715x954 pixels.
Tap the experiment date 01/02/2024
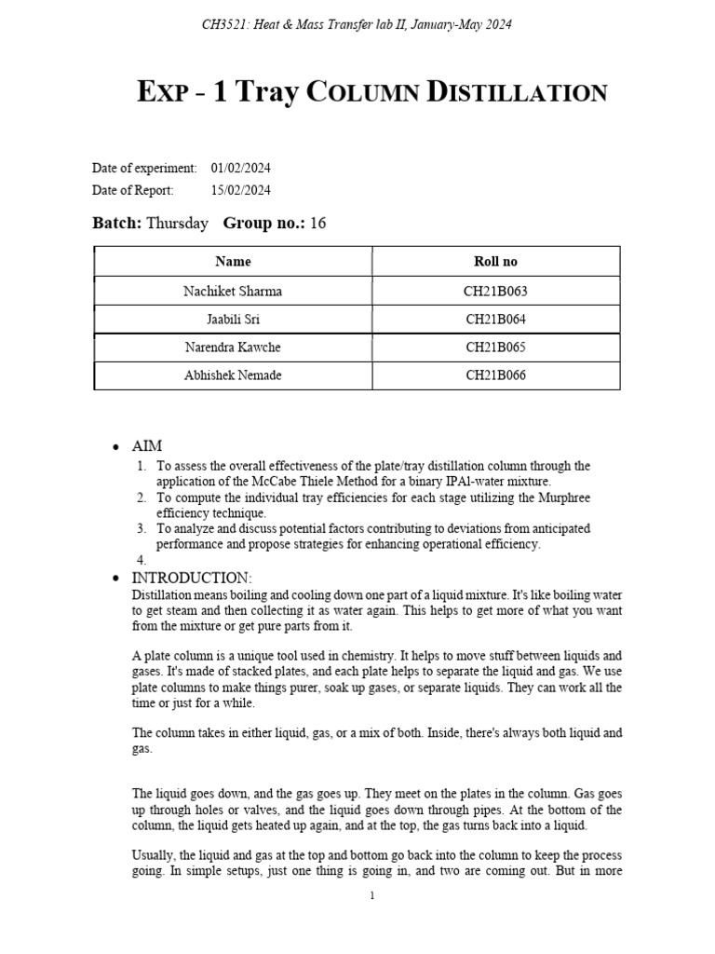tap(241, 169)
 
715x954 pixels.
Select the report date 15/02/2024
tap(241, 190)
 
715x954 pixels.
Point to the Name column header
tap(233, 262)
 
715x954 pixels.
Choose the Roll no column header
tap(495, 262)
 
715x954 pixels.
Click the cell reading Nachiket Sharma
tap(233, 292)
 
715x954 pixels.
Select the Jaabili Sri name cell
tap(233, 320)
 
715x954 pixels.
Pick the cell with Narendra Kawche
tap(233, 348)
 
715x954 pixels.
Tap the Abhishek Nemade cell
tap(233, 375)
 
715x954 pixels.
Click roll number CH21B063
tap(495, 292)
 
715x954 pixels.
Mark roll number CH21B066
tap(495, 375)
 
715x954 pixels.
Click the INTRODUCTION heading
tap(192, 579)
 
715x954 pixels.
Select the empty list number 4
tap(142, 560)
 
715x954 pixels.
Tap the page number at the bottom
tap(371, 895)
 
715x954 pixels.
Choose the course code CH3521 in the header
tap(223, 24)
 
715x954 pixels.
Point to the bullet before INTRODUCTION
tap(114, 579)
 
